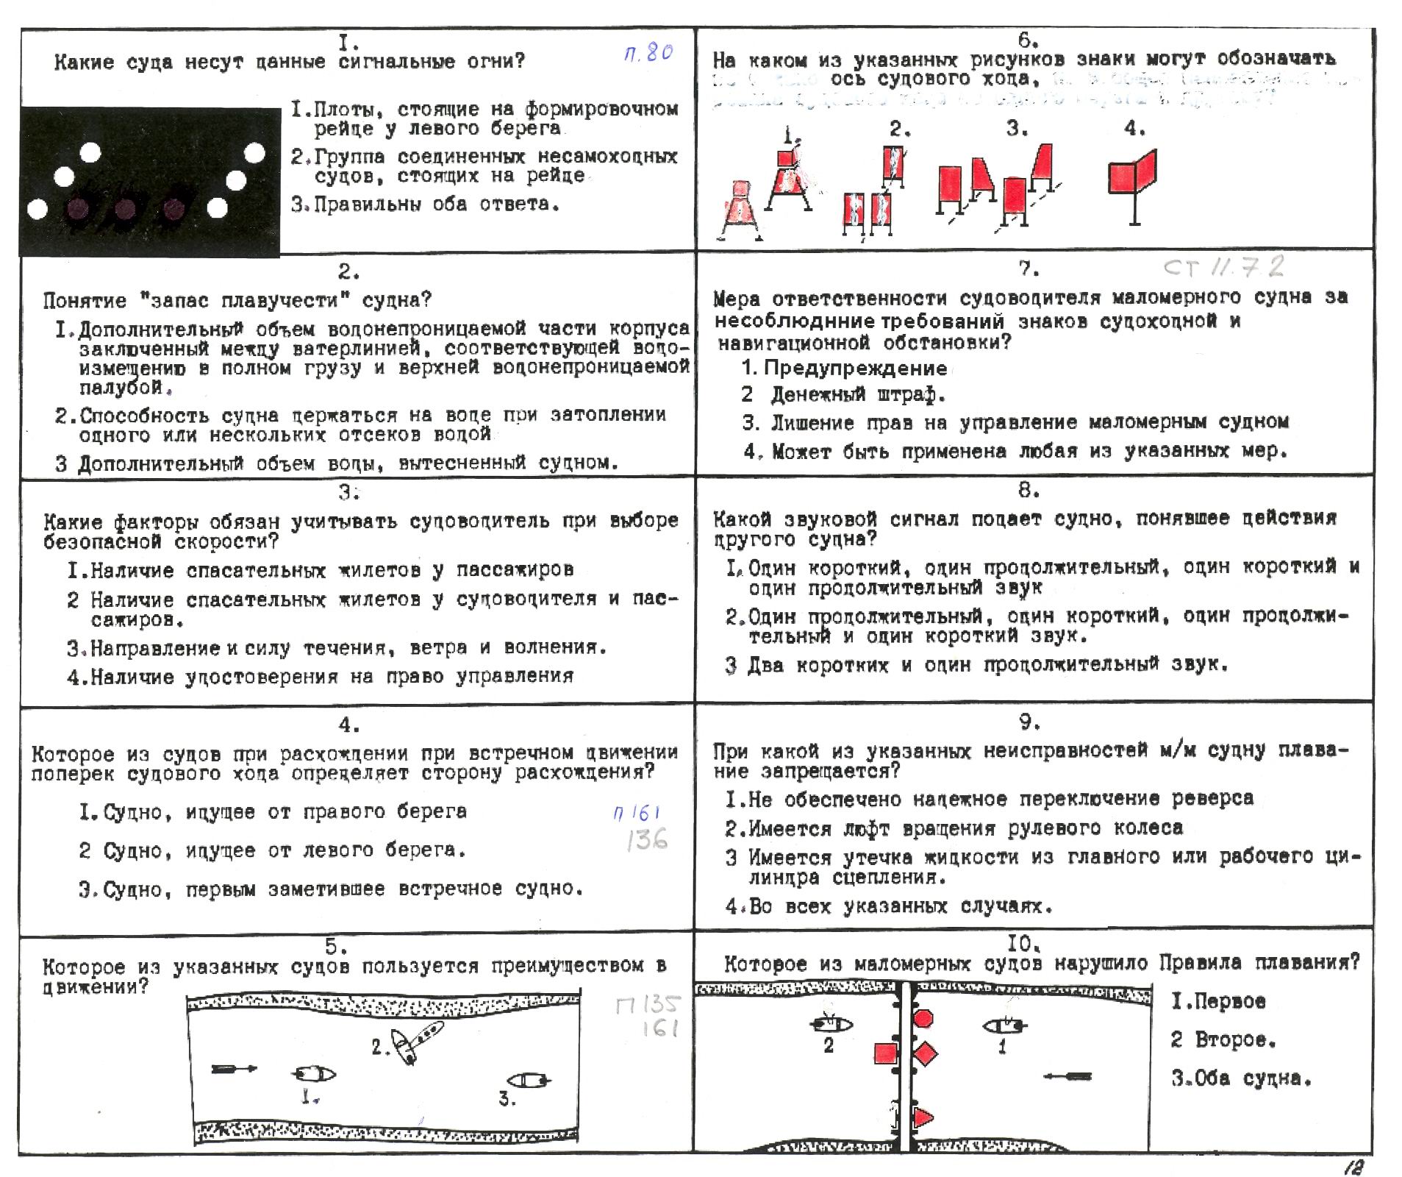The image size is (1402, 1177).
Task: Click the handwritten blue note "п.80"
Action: tap(648, 53)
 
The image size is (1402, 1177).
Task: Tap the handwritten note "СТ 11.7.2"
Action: tap(1224, 266)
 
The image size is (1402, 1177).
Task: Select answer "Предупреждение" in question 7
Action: tap(854, 368)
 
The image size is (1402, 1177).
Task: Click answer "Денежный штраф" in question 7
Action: tap(856, 395)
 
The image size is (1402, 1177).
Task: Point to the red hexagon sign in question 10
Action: tap(923, 1018)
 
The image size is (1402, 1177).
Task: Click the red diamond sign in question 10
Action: tap(926, 1053)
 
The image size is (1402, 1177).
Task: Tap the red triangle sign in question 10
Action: tap(922, 1117)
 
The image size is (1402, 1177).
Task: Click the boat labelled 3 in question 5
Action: tap(529, 1080)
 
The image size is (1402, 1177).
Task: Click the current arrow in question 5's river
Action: tap(234, 1068)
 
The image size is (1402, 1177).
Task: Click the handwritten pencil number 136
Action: tap(647, 839)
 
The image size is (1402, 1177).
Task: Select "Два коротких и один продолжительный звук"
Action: tap(987, 666)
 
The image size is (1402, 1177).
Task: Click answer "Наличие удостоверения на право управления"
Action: tap(332, 677)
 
